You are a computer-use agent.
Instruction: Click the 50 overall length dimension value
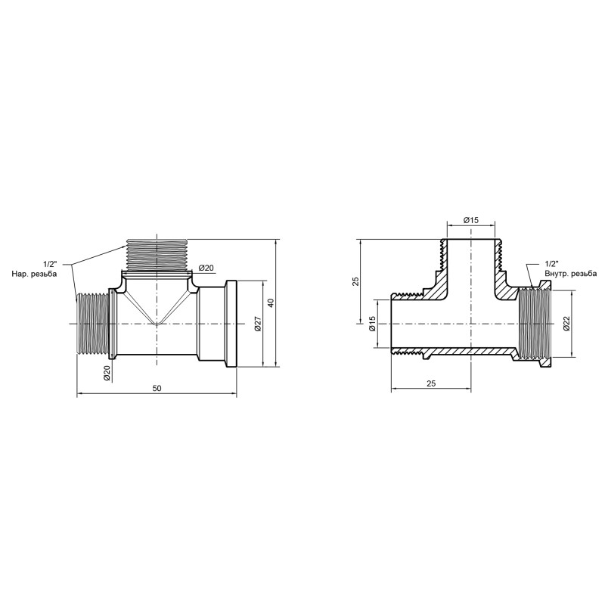(x=157, y=388)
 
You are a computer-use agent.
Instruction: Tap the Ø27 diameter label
(x=257, y=324)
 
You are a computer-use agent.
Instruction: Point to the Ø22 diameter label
(x=566, y=324)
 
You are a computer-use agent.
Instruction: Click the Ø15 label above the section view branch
(x=471, y=220)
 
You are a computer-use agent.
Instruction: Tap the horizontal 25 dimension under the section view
(x=431, y=383)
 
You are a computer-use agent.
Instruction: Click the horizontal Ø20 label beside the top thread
(x=206, y=268)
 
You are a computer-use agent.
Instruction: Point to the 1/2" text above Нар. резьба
(x=49, y=264)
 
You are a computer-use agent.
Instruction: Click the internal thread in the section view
(x=532, y=324)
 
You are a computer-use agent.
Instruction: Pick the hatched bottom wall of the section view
(x=469, y=352)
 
